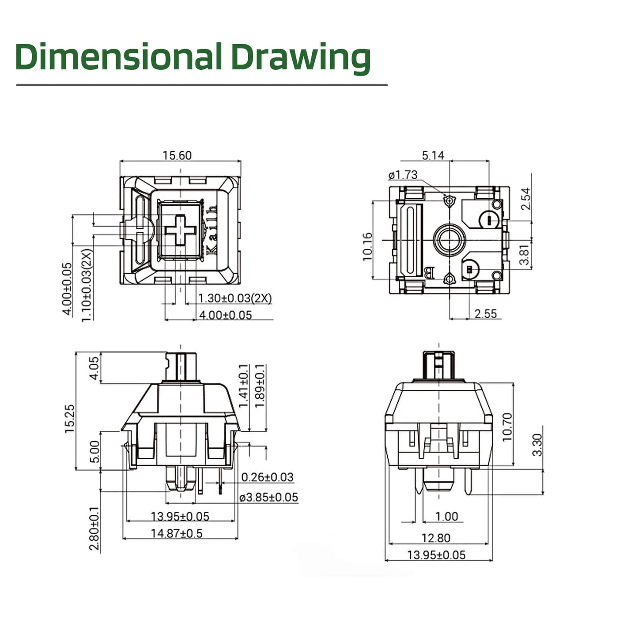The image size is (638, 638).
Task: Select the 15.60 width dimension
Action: coord(177,155)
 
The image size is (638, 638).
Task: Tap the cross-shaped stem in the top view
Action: coord(180,230)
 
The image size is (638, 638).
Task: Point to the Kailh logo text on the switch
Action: coord(212,230)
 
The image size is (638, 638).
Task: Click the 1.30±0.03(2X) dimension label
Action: coord(234,298)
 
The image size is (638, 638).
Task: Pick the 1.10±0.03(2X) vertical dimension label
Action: coord(87,285)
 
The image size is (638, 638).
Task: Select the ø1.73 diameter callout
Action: coord(403,175)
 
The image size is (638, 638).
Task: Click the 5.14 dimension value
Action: coord(433,155)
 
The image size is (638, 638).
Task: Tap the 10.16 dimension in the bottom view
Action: coord(367,246)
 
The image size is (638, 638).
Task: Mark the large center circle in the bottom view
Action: coord(449,240)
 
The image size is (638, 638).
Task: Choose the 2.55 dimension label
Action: coord(485,313)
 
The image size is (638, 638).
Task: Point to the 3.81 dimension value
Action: coord(524,255)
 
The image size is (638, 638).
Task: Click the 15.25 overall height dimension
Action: coord(70,419)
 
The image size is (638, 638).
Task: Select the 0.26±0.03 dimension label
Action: coord(267,477)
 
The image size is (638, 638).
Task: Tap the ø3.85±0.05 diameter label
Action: coord(268,498)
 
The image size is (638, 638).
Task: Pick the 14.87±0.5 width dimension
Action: coord(177,533)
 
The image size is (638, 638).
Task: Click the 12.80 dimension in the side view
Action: coord(436,538)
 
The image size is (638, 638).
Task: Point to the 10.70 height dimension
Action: coord(507,427)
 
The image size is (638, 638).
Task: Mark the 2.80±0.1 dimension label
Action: coord(94,529)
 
